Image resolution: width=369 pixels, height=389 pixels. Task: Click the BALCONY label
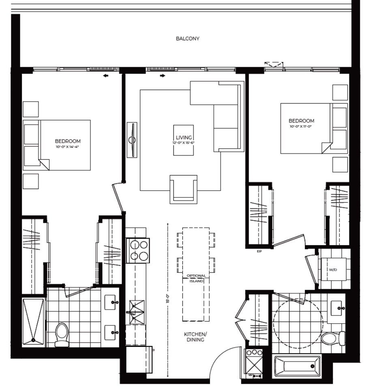(x=187, y=39)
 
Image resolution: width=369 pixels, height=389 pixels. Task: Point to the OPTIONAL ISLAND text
(x=196, y=278)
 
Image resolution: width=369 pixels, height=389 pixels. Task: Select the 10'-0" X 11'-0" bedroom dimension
(x=301, y=126)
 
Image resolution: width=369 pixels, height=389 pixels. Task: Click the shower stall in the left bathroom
(x=33, y=321)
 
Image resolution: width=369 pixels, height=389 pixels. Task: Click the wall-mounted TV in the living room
(x=132, y=140)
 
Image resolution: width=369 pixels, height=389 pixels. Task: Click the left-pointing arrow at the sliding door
(x=106, y=75)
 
